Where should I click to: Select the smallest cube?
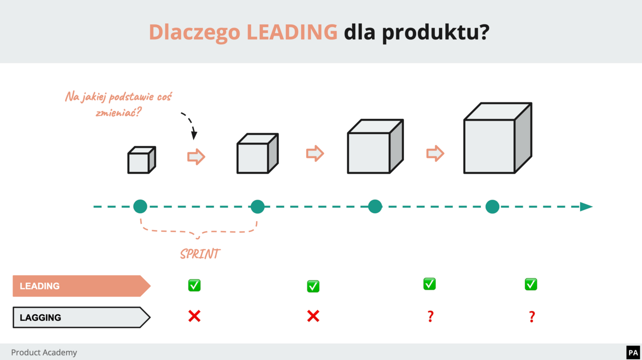142,160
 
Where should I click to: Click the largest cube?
497,139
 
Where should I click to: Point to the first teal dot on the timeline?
140,206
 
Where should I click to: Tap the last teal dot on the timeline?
492,207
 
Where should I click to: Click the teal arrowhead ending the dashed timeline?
586,207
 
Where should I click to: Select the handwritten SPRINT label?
200,254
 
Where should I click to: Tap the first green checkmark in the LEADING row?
194,285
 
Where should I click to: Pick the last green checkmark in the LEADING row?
531,284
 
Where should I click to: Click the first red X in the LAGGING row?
194,316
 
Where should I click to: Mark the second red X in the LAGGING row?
313,316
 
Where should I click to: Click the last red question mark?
532,316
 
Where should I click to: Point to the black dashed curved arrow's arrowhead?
194,135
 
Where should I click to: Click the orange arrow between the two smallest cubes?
196,156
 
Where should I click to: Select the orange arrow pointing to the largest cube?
435,153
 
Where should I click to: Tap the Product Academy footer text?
44,353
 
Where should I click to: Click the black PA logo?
633,353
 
